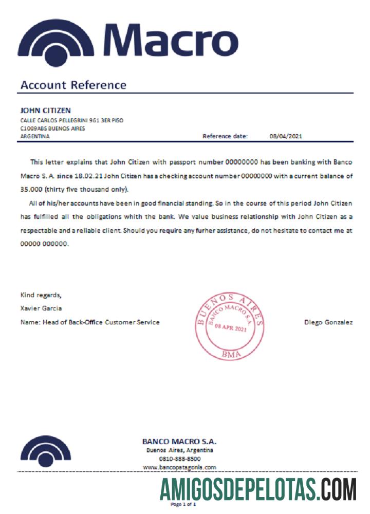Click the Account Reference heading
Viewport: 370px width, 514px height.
pyautogui.click(x=73, y=85)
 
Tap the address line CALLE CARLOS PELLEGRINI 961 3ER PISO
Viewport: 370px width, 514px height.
pyautogui.click(x=71, y=120)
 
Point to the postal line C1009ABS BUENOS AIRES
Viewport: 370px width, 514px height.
pyautogui.click(x=52, y=128)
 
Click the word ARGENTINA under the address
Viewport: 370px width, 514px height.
pyautogui.click(x=35, y=136)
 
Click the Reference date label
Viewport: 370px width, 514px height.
pyautogui.click(x=225, y=136)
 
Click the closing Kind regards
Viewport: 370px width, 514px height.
pyautogui.click(x=41, y=295)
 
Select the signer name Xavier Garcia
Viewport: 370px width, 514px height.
pyautogui.click(x=41, y=308)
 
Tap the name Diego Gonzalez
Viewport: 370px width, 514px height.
pyautogui.click(x=328, y=322)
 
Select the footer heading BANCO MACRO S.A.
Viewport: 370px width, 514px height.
pyautogui.click(x=179, y=442)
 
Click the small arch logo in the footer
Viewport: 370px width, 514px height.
pyautogui.click(x=46, y=451)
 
